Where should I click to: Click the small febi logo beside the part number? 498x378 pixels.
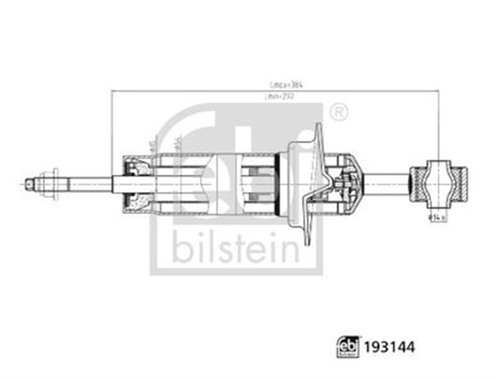[x=349, y=345]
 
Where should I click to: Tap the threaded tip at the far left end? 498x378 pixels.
[x=28, y=184]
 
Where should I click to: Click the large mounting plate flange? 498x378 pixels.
[x=305, y=184]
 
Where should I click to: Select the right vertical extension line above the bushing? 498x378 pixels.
[x=439, y=124]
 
